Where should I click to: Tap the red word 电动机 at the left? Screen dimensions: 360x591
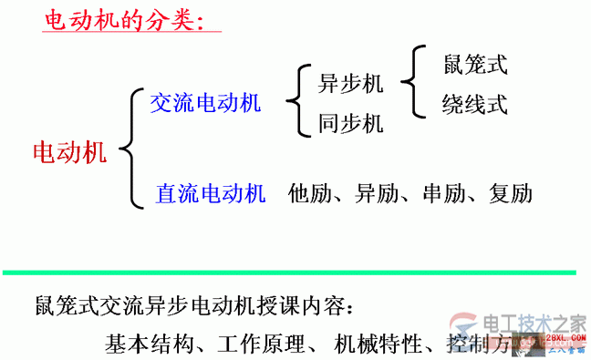coord(69,151)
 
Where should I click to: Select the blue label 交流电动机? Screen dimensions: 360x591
coord(205,102)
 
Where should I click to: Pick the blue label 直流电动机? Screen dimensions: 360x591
coord(211,193)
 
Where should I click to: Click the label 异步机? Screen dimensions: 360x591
coord(350,84)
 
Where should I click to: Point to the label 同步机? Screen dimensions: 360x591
coord(350,123)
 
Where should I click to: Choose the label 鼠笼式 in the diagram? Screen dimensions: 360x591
coord(474,65)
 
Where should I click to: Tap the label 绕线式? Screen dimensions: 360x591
coord(474,103)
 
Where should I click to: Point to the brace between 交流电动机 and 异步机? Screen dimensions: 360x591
coord(295,102)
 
